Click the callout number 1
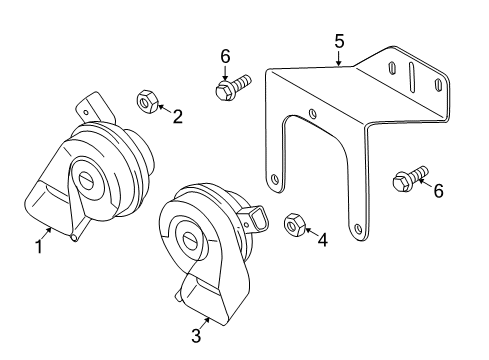tap(39, 247)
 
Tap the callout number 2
tap(178, 117)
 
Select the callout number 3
tap(196, 335)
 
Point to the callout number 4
tap(323, 240)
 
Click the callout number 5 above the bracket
tap(339, 41)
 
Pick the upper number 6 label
tap(225, 56)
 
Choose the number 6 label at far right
tap(439, 191)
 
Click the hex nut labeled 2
tap(147, 101)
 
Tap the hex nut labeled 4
tap(295, 225)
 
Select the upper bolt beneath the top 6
tap(233, 87)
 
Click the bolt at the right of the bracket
tap(410, 179)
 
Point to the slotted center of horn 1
tap(88, 180)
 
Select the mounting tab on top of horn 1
tap(95, 107)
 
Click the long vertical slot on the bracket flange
tap(412, 78)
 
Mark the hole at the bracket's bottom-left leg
tap(275, 179)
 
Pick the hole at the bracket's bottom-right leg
tap(358, 229)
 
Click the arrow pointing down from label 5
tap(339, 58)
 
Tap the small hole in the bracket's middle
tap(313, 114)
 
